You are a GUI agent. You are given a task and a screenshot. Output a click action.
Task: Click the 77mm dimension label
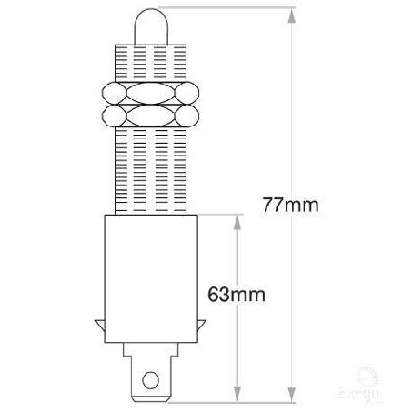click(x=290, y=204)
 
